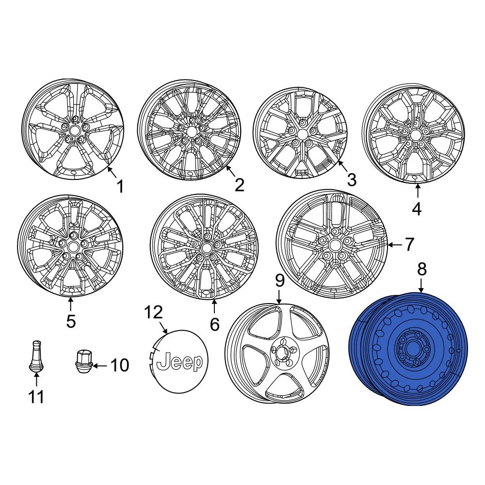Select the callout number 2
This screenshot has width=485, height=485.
point(239,185)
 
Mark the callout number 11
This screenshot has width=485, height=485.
point(36,397)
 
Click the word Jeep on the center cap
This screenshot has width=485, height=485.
point(180,362)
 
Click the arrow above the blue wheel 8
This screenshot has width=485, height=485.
point(420,286)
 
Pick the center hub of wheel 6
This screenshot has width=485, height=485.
point(207,247)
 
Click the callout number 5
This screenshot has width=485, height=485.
point(71,321)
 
